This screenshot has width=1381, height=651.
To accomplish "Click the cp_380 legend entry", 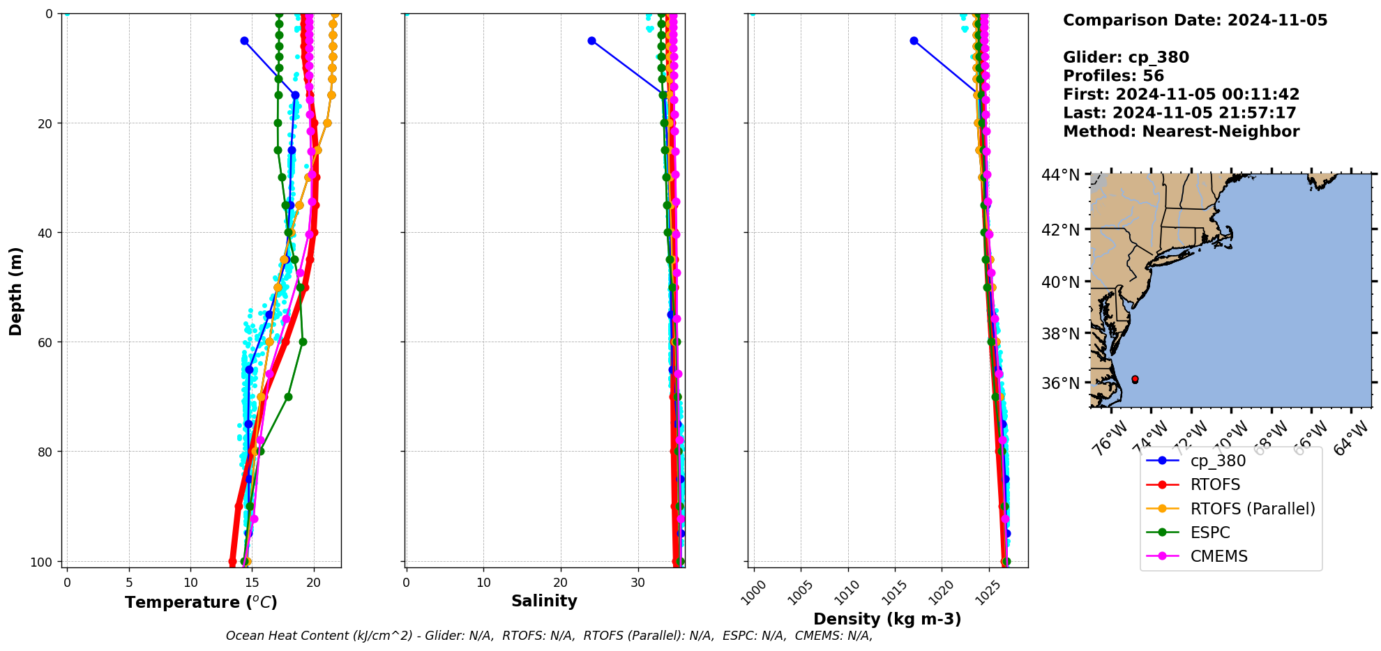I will click(x=1218, y=461).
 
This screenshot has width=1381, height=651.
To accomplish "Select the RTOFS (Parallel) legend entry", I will click(x=1253, y=509).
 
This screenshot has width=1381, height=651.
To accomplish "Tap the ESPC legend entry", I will click(x=1210, y=533).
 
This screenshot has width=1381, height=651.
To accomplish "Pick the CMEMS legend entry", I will click(x=1218, y=556).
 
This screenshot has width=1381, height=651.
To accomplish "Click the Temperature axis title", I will click(x=201, y=602).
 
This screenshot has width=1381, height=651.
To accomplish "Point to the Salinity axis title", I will click(x=544, y=601).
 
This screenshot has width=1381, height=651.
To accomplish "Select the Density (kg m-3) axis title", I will click(x=887, y=619).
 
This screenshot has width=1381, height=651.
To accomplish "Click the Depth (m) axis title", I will click(x=15, y=291).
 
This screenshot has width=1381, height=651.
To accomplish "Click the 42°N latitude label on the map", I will click(x=1060, y=230).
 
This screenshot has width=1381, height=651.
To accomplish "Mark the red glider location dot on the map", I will click(x=1135, y=379).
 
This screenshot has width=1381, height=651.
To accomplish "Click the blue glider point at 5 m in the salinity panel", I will click(x=591, y=40).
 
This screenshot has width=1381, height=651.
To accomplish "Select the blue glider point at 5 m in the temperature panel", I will click(x=244, y=40).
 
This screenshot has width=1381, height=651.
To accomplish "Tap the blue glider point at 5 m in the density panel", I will click(x=914, y=40).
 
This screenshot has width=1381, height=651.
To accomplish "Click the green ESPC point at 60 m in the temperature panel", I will click(x=303, y=342).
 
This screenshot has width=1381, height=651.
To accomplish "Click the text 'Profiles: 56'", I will click(x=1113, y=76).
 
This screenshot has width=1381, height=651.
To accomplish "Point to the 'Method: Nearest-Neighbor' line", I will click(x=1181, y=132).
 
